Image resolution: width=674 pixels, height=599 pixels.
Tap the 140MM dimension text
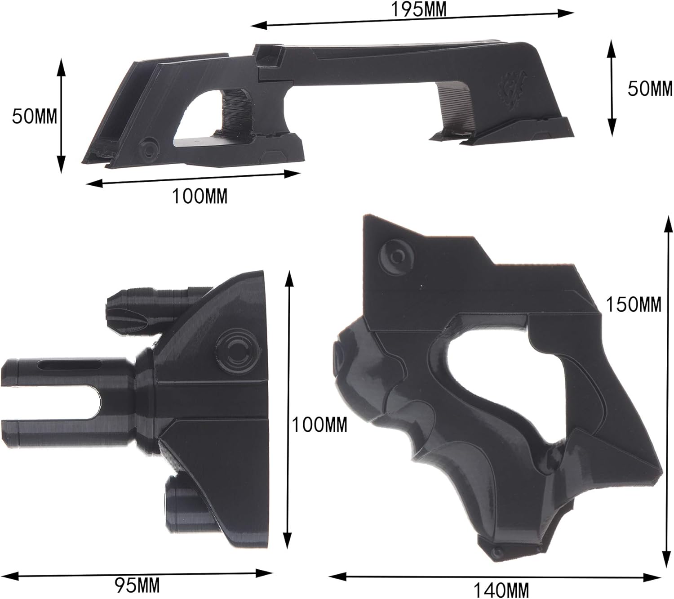(x=501, y=589)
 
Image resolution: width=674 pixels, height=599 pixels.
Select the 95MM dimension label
(x=137, y=586)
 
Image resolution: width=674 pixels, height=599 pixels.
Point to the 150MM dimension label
(x=634, y=305)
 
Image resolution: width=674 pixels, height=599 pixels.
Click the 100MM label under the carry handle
(x=200, y=196)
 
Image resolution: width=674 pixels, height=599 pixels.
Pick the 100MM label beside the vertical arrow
(x=319, y=425)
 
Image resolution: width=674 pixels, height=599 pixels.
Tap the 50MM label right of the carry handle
(x=650, y=89)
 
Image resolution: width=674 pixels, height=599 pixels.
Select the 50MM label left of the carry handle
(x=35, y=116)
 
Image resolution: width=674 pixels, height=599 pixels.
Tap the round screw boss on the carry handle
(x=148, y=147)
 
